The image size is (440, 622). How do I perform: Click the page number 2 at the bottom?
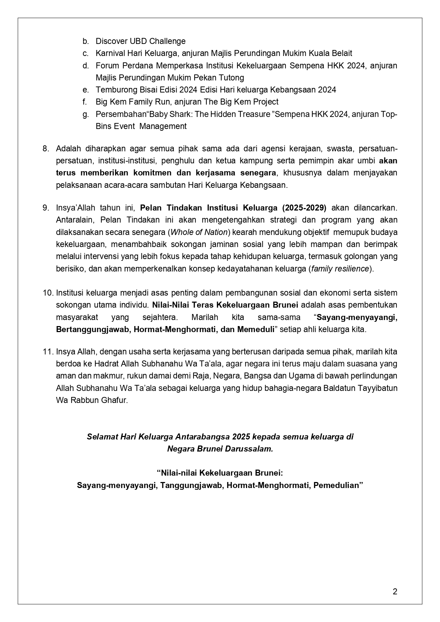point(395,591)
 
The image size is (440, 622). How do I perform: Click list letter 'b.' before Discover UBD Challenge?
point(85,41)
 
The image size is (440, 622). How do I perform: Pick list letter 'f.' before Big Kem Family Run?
point(85,102)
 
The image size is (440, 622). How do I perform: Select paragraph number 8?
point(46,149)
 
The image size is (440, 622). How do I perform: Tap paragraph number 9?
point(46,208)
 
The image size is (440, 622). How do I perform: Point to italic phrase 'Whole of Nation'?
point(199,232)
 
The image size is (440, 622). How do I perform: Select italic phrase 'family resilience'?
point(340,269)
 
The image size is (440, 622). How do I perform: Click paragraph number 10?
point(48,293)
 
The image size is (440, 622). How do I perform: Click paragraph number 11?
point(48,352)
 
